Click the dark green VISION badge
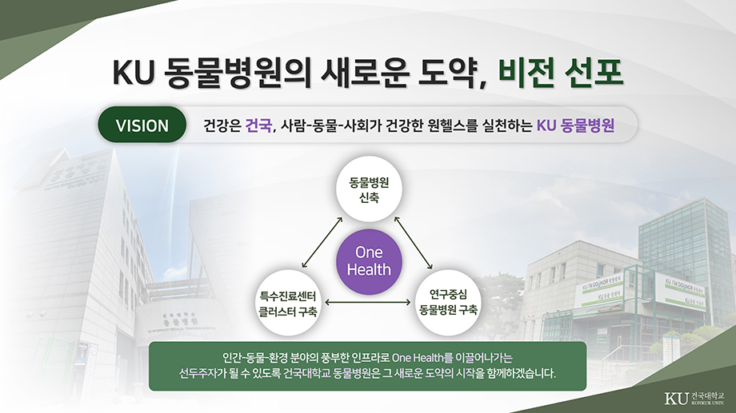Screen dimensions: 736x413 point(142,125)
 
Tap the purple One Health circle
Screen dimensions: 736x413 point(369,261)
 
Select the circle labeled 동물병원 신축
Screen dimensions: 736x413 point(369,189)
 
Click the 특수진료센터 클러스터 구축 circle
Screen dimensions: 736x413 point(288,304)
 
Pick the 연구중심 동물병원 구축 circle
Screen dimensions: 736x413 point(448,303)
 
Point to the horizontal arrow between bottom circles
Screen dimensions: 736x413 point(368,303)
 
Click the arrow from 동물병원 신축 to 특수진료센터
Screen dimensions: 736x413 point(322,242)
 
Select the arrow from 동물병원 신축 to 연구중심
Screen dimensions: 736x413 point(414,242)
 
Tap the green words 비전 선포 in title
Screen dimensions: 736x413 point(560,73)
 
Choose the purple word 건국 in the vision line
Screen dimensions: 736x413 point(258,125)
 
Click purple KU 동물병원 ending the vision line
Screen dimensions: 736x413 point(575,125)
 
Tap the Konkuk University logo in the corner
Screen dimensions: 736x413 point(694,398)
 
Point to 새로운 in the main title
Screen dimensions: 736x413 point(365,73)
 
